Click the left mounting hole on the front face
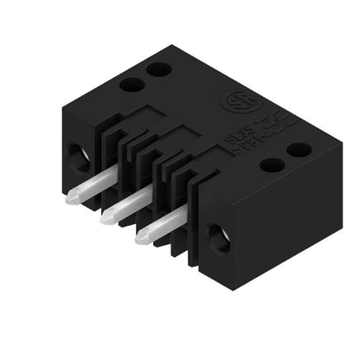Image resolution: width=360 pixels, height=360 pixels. click(77, 155)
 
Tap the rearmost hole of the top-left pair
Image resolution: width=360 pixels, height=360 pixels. click(157, 69)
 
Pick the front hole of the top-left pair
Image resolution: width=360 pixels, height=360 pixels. click(132, 85)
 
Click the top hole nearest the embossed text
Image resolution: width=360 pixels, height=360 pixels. click(271, 164)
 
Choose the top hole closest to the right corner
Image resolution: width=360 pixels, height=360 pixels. click(299, 150)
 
